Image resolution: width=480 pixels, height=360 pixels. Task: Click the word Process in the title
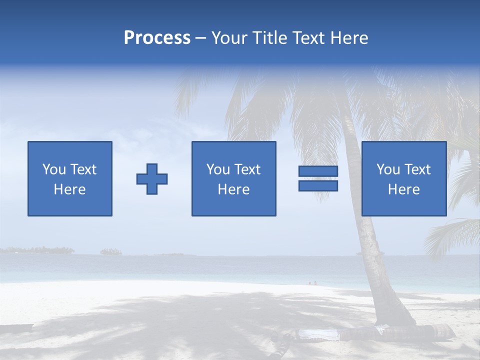(x=157, y=38)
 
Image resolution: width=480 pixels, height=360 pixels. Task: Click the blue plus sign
(x=152, y=179)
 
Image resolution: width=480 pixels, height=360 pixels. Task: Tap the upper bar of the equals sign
(x=318, y=171)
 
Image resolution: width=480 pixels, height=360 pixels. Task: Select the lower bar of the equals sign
(x=318, y=186)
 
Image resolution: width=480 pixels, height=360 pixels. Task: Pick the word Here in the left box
(x=69, y=189)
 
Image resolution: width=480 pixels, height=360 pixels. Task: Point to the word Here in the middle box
(x=233, y=189)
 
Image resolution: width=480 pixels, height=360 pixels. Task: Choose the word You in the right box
(x=388, y=169)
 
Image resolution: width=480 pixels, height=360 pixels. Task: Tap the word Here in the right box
(x=403, y=189)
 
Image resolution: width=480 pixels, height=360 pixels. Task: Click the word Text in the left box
(x=82, y=169)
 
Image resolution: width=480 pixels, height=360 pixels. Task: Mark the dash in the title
(x=200, y=38)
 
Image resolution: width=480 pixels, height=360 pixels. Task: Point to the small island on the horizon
(x=111, y=251)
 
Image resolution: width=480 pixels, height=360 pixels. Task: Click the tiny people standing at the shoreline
(x=312, y=283)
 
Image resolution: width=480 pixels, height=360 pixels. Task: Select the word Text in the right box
(x=417, y=169)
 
